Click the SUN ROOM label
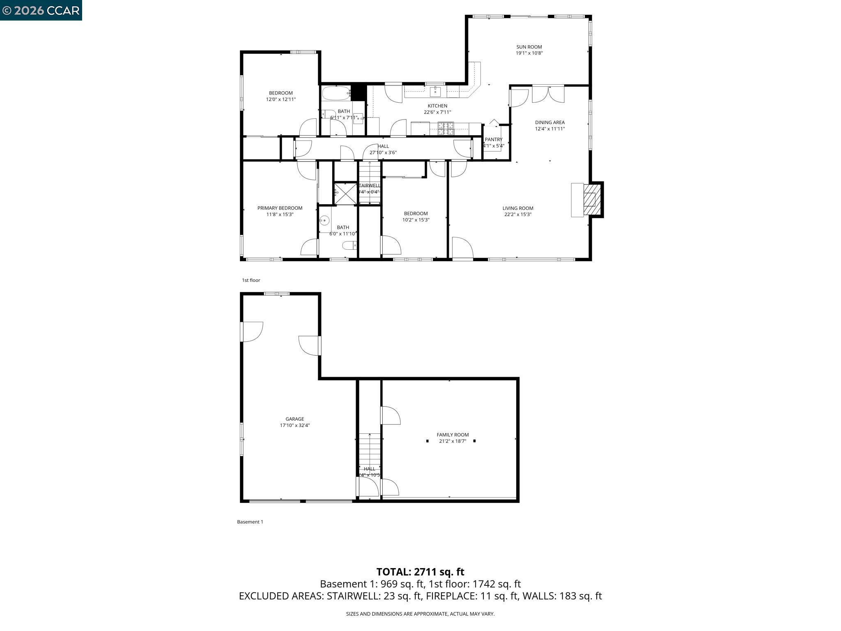click(529, 47)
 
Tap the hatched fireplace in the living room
click(592, 200)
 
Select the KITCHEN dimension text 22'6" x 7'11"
click(437, 112)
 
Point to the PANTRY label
click(493, 140)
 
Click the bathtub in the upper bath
click(336, 93)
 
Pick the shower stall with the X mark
click(345, 194)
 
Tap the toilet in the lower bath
click(350, 246)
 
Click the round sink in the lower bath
click(325, 221)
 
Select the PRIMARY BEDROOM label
click(280, 208)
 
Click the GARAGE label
click(295, 419)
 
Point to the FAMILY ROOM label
click(453, 435)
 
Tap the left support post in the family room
click(427, 441)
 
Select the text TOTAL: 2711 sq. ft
click(420, 572)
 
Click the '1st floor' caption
click(251, 280)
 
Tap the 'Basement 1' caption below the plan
click(250, 522)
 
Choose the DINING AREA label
click(549, 122)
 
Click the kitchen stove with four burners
click(446, 129)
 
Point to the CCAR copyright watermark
click(41, 10)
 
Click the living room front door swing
click(462, 248)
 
